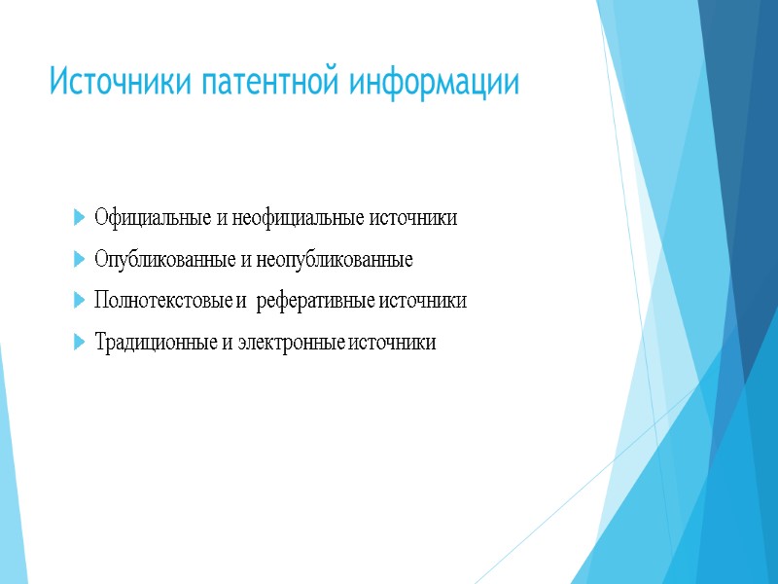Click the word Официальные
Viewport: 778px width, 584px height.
click(153, 218)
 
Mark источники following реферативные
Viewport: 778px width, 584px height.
click(424, 302)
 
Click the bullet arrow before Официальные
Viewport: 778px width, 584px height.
click(78, 218)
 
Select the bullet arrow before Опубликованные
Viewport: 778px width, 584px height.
click(78, 260)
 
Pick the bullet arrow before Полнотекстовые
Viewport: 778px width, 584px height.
click(78, 302)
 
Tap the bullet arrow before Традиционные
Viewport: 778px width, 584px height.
click(78, 343)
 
